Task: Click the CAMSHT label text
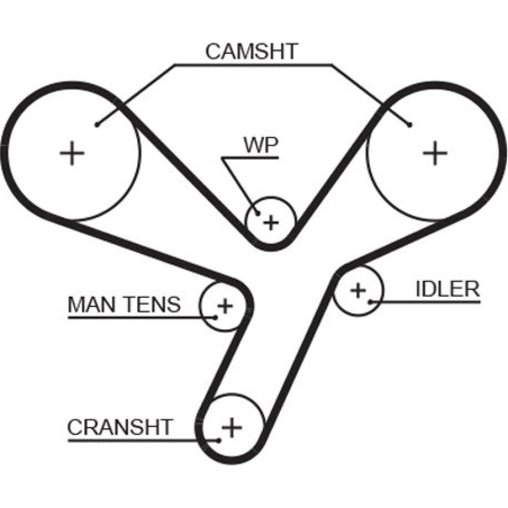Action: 251,51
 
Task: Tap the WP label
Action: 261,145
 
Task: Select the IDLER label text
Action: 447,289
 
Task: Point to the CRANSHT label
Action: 120,427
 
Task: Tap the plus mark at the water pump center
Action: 272,222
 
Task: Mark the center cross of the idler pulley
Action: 358,290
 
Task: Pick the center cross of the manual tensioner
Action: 224,306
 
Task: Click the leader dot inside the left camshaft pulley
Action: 97,124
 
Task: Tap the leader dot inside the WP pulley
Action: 258,214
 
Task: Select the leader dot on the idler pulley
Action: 371,302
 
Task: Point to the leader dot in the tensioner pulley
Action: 215,317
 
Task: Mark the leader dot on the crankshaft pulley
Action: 219,439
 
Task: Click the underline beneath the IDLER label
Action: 432,302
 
